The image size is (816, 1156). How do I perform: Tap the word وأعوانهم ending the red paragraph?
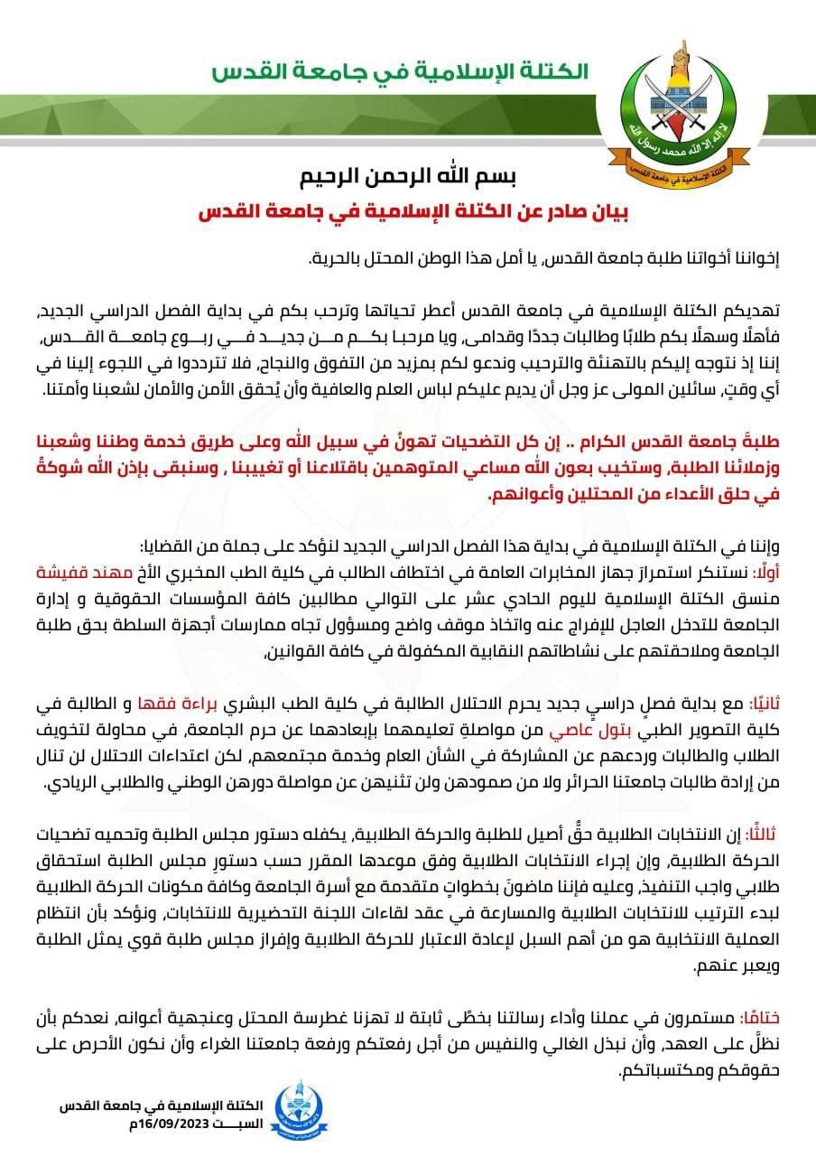tap(515, 496)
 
